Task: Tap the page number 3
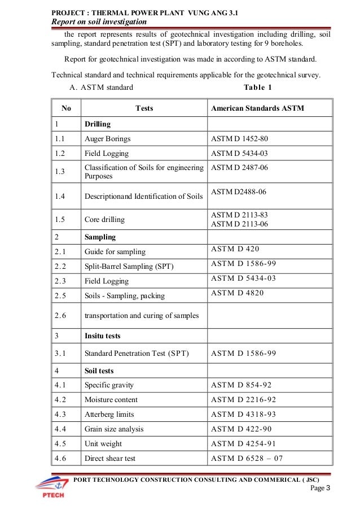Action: (328, 488)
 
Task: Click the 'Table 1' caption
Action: (258, 88)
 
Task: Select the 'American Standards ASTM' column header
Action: (257, 108)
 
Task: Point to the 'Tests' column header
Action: (144, 108)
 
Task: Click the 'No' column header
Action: (67, 108)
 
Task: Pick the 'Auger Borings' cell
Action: (107, 138)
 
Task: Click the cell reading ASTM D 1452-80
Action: (240, 138)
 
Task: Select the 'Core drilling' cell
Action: (104, 219)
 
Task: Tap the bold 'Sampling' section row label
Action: (100, 237)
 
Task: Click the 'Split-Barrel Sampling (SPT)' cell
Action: (129, 266)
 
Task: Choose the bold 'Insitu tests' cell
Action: (102, 335)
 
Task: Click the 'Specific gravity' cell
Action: (109, 385)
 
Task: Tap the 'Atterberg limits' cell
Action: (110, 414)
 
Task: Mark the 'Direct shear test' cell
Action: (110, 458)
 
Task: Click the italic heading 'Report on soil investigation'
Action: (99, 21)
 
